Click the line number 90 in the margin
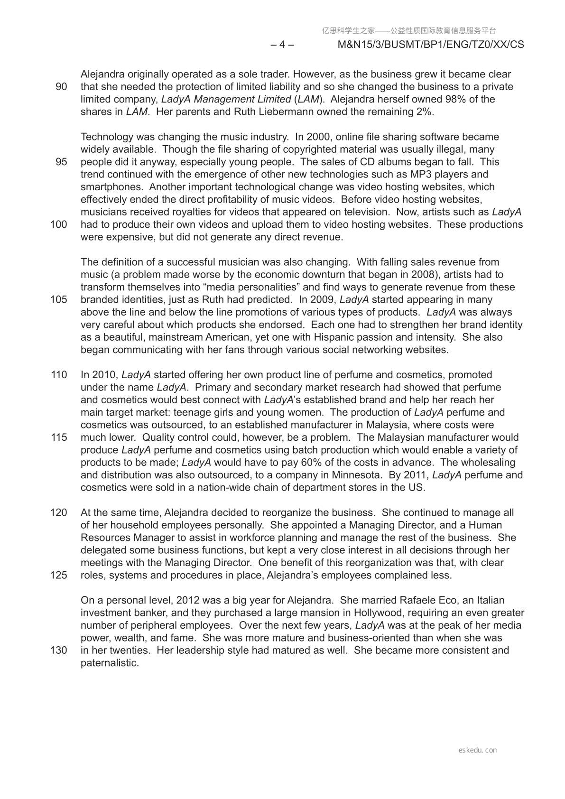(61, 87)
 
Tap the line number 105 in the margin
(58, 300)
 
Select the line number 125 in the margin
(58, 576)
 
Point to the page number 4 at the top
(282, 45)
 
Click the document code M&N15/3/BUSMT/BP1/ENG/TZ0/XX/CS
(431, 45)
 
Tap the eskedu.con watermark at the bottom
(478, 750)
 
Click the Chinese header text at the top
(409, 31)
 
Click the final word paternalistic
(110, 663)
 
